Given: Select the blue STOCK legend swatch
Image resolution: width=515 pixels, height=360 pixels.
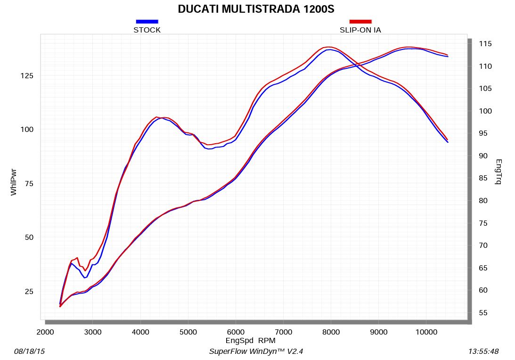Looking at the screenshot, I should point(147,22).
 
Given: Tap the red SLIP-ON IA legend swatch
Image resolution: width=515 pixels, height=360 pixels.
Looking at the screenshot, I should point(360,22).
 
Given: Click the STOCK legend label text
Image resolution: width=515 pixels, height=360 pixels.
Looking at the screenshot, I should point(147,30).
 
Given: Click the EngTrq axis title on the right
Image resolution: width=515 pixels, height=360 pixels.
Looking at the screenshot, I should point(498,172).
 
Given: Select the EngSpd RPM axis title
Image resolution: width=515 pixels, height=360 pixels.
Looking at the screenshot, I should point(250,340).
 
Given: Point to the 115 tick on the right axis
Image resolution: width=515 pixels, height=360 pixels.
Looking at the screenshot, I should point(485,44).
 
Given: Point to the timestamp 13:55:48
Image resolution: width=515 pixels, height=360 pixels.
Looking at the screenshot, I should point(484,352).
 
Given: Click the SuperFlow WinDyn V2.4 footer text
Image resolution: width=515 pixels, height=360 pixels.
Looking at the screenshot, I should point(259,352).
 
